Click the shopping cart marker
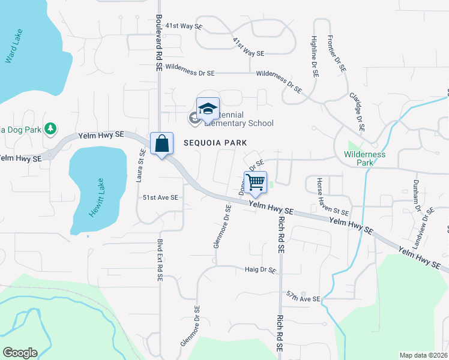256,182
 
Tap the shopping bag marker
162,143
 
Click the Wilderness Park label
364,158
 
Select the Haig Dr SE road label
260,271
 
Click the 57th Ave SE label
303,298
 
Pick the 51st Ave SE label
160,197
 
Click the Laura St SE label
141,166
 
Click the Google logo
20,353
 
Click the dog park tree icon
52,128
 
